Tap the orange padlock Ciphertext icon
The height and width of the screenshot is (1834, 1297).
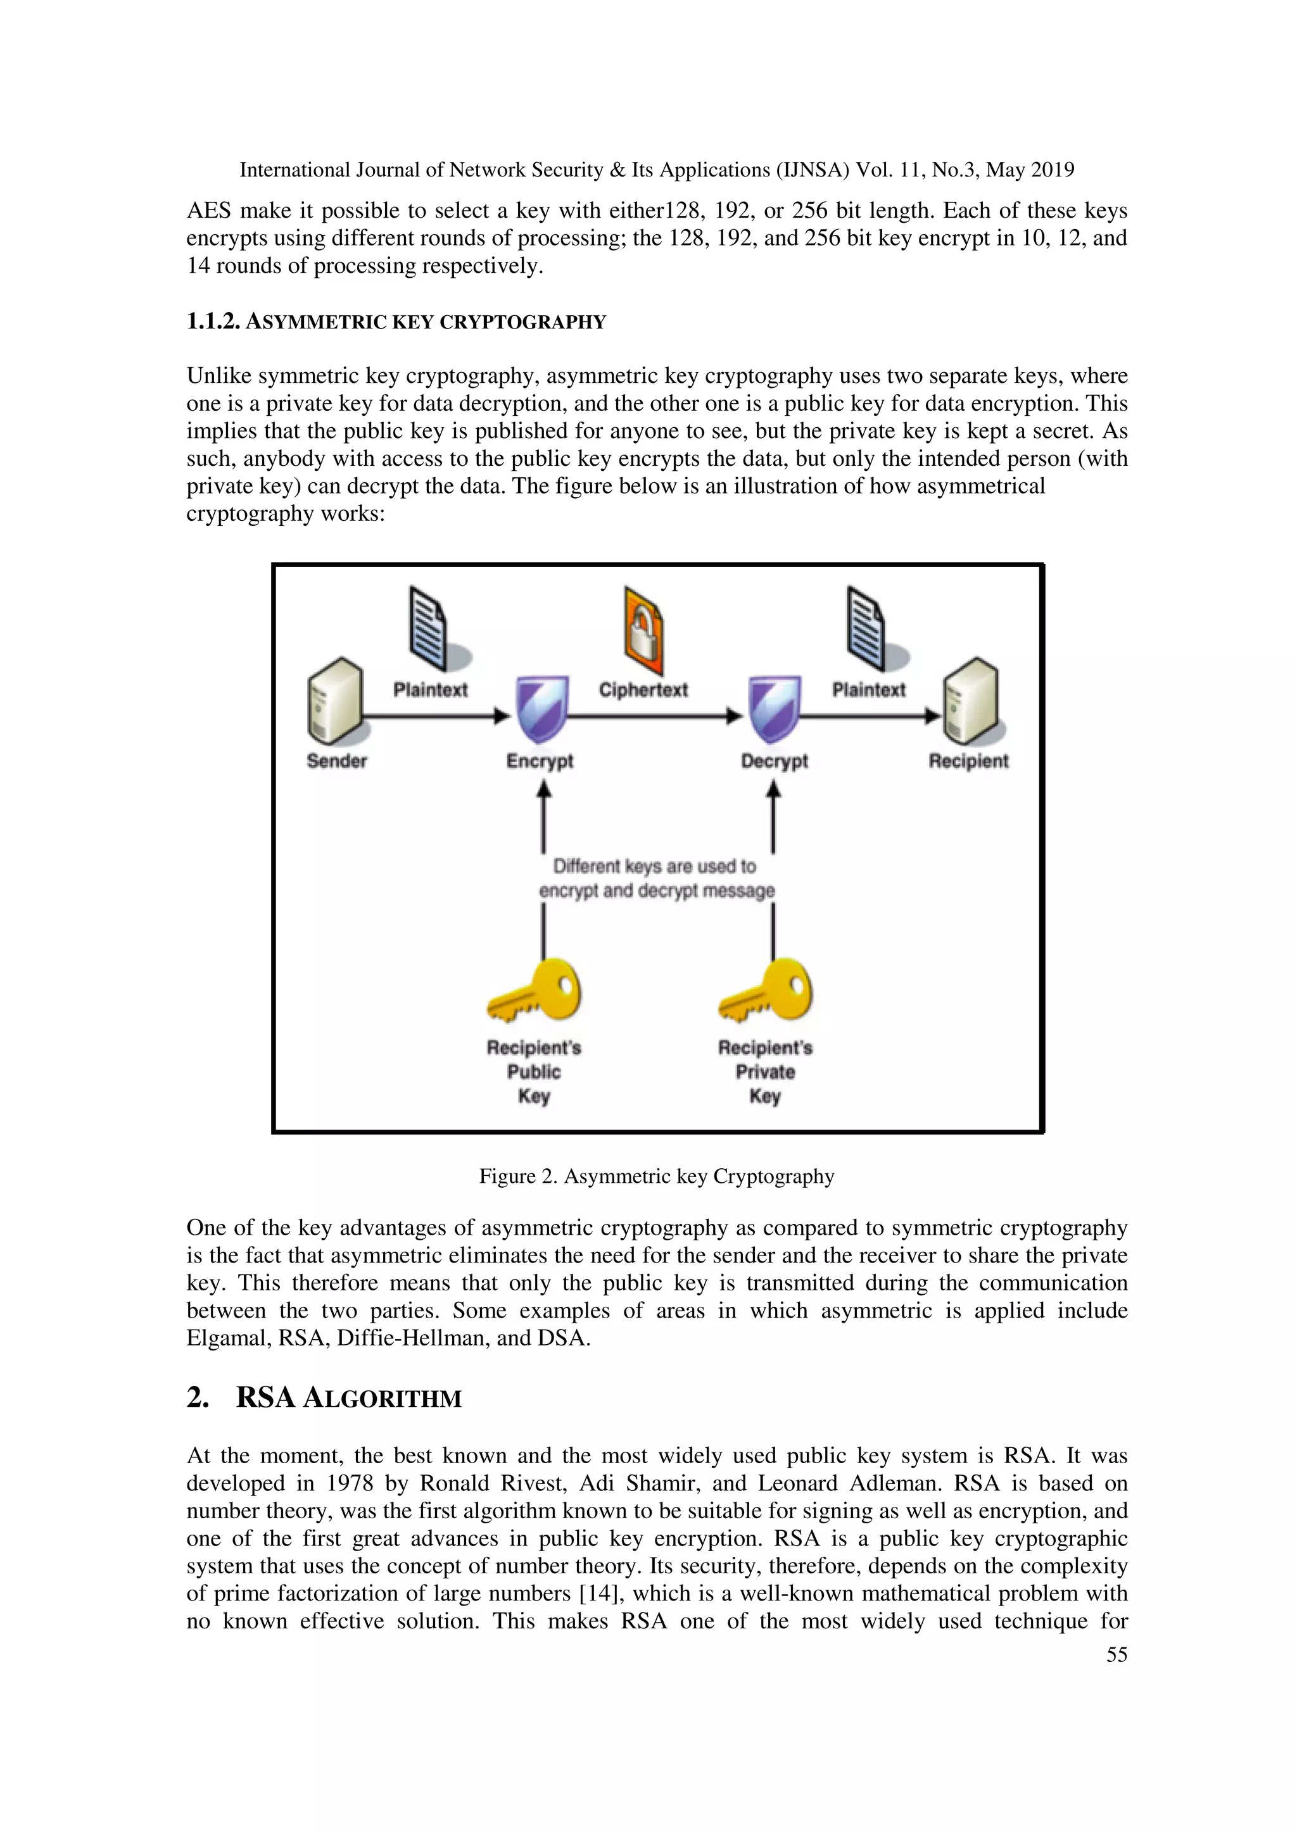pyautogui.click(x=643, y=632)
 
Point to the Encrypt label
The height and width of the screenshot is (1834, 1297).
pyautogui.click(x=540, y=761)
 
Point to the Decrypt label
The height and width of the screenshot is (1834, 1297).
pyautogui.click(x=775, y=761)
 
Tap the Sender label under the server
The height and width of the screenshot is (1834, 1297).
pyautogui.click(x=336, y=761)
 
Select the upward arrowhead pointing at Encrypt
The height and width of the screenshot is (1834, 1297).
pyautogui.click(x=544, y=790)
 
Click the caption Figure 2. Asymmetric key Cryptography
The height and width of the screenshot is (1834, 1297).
pyautogui.click(x=656, y=1176)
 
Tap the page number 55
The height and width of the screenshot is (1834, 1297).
pyautogui.click(x=1117, y=1654)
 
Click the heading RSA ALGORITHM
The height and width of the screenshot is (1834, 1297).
pyautogui.click(x=348, y=1398)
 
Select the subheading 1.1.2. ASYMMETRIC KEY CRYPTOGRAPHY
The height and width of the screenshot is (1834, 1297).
pyautogui.click(x=396, y=322)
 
